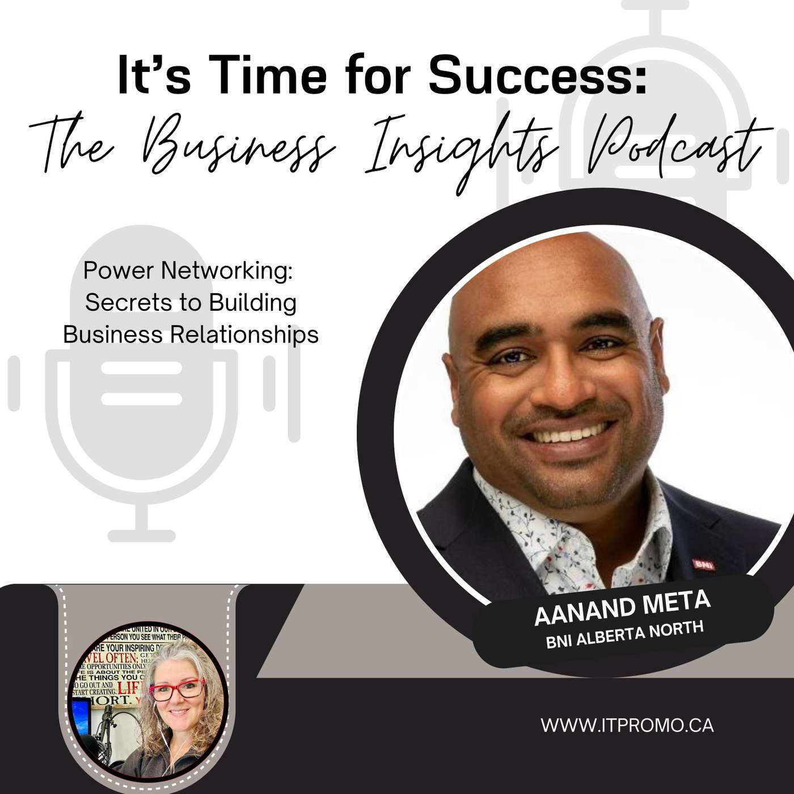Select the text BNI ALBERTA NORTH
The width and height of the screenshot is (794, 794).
pyautogui.click(x=624, y=635)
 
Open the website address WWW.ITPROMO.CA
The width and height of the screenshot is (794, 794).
pyautogui.click(x=627, y=725)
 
